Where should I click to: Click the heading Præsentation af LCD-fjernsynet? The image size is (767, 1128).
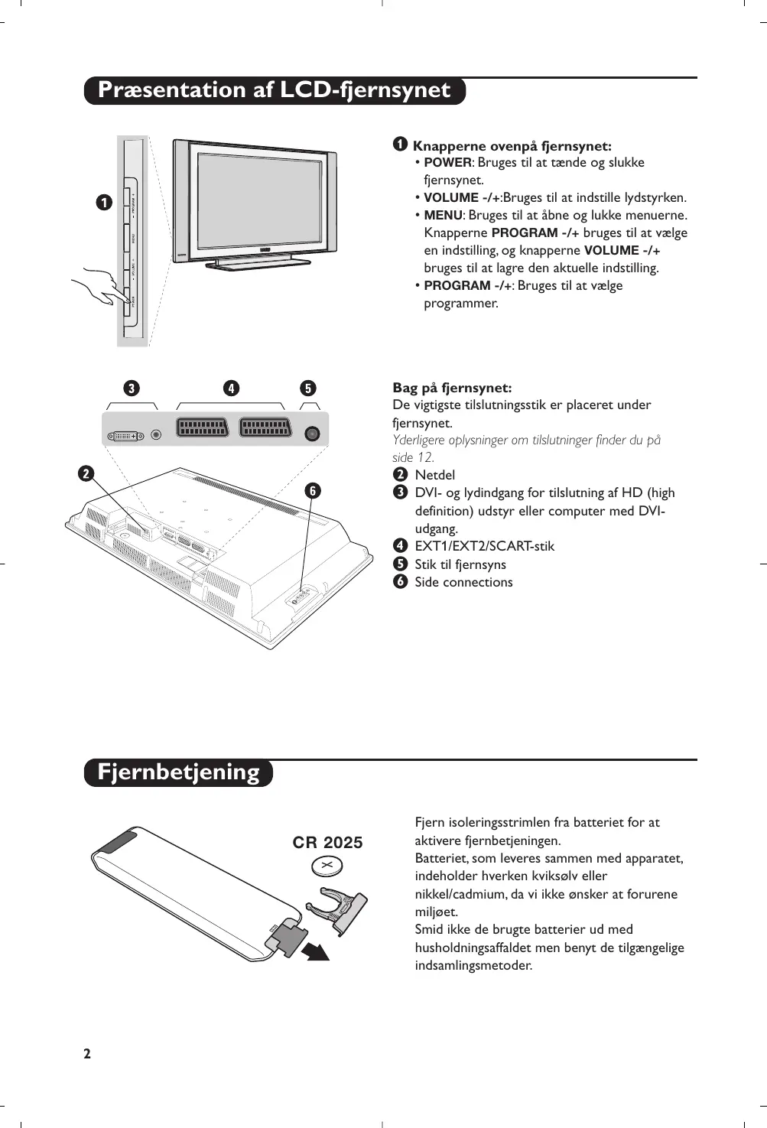pyautogui.click(x=274, y=90)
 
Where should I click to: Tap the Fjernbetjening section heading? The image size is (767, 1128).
pyautogui.click(x=178, y=772)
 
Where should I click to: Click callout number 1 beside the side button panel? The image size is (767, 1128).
pyautogui.click(x=104, y=203)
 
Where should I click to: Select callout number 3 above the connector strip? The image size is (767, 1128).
pyautogui.click(x=132, y=388)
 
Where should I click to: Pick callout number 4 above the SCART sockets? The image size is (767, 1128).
pyautogui.click(x=231, y=388)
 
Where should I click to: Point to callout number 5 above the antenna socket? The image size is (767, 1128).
pyautogui.click(x=307, y=388)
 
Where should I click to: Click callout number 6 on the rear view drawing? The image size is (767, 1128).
pyautogui.click(x=312, y=491)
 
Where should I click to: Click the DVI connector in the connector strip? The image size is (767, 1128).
pyautogui.click(x=125, y=435)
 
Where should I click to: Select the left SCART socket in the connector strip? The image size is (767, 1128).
pyautogui.click(x=203, y=427)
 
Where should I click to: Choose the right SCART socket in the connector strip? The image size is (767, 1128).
pyautogui.click(x=265, y=427)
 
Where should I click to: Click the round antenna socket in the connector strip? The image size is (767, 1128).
pyautogui.click(x=311, y=434)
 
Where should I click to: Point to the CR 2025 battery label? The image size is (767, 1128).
pyautogui.click(x=327, y=843)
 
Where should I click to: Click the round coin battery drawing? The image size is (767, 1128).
pyautogui.click(x=327, y=866)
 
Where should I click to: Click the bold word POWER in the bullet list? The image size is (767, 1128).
pyautogui.click(x=447, y=163)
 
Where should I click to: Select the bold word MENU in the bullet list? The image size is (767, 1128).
pyautogui.click(x=443, y=216)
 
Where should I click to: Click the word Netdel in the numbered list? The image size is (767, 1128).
pyautogui.click(x=434, y=475)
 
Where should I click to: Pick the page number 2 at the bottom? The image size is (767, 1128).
pyautogui.click(x=87, y=1054)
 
